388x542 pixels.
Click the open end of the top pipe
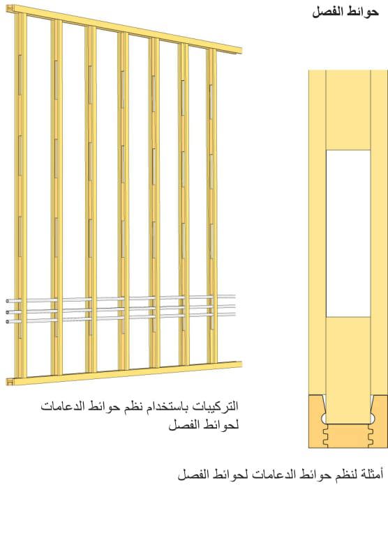[8, 301]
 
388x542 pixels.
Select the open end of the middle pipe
[8, 312]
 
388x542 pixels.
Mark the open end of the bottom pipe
[8, 321]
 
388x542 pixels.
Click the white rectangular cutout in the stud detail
[348, 233]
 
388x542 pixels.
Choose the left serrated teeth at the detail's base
[325, 436]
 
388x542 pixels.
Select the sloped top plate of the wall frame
[124, 29]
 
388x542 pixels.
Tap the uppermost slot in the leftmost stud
[20, 75]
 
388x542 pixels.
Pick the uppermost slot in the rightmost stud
[211, 102]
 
